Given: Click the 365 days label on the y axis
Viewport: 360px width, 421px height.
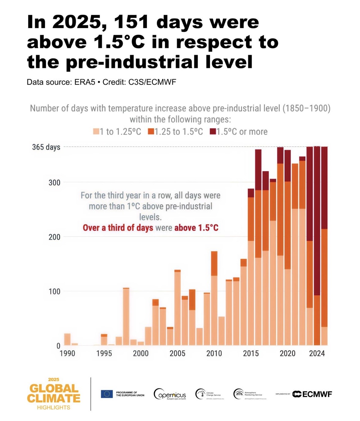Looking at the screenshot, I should pos(46,147).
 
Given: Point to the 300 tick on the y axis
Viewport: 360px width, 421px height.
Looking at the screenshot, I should pos(54,183).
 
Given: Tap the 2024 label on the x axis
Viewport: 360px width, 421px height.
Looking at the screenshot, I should pos(317,353).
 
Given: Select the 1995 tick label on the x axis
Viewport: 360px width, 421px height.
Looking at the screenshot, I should pos(104,353).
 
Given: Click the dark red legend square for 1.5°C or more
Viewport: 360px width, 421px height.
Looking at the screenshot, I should pos(213,132).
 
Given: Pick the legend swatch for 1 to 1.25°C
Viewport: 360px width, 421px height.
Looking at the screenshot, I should pos(96,132).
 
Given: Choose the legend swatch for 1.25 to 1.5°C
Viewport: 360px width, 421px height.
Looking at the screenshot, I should pos(151,132).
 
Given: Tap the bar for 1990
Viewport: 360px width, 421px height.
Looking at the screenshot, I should pos(67,339).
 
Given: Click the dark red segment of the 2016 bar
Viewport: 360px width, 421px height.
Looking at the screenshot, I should pos(258,170).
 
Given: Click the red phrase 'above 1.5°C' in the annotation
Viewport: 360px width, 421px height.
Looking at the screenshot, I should pos(196,228).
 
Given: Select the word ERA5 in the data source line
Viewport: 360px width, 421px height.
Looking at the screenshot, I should pos(85,82).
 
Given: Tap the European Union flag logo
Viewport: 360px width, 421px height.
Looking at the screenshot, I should pos(107,394).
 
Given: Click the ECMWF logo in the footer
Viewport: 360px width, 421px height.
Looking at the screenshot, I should pos(312,394).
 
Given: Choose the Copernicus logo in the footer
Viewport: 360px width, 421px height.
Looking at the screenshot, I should pos(170,394).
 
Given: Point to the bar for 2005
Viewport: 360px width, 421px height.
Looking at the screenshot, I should pos(177,308).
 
